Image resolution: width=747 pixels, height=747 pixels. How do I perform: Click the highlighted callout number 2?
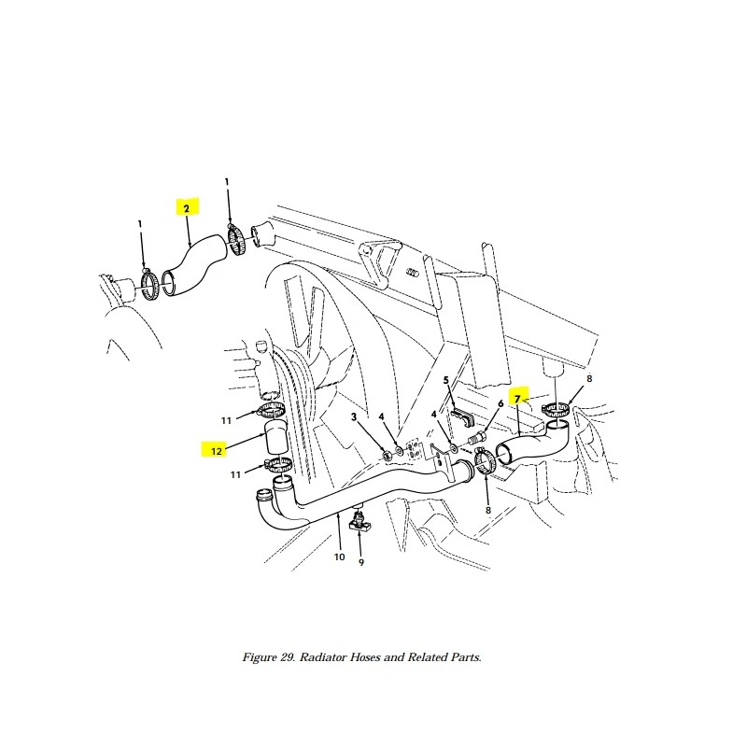tap(186, 208)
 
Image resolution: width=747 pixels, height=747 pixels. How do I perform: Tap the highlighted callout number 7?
tap(517, 399)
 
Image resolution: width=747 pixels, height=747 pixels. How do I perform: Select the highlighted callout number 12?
tap(217, 451)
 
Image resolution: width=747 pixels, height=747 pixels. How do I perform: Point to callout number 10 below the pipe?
tap(339, 557)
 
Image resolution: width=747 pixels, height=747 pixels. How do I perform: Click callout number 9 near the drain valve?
tap(361, 563)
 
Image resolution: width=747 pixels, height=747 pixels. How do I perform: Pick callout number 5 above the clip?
tap(446, 380)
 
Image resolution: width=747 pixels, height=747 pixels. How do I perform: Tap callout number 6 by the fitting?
tap(500, 403)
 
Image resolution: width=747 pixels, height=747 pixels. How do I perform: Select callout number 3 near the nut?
tap(354, 416)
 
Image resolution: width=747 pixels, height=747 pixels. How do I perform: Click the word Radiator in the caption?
tap(323, 657)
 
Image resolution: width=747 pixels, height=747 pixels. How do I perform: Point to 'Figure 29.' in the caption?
tap(269, 657)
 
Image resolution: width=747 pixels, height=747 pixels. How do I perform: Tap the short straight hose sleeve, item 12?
tap(275, 437)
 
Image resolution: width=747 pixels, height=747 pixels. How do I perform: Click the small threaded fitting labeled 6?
tap(478, 436)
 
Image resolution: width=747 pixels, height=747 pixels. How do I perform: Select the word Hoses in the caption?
tap(365, 657)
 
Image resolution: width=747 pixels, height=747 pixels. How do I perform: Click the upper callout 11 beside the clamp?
tap(226, 421)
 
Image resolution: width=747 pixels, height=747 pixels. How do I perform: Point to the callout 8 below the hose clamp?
tap(487, 510)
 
